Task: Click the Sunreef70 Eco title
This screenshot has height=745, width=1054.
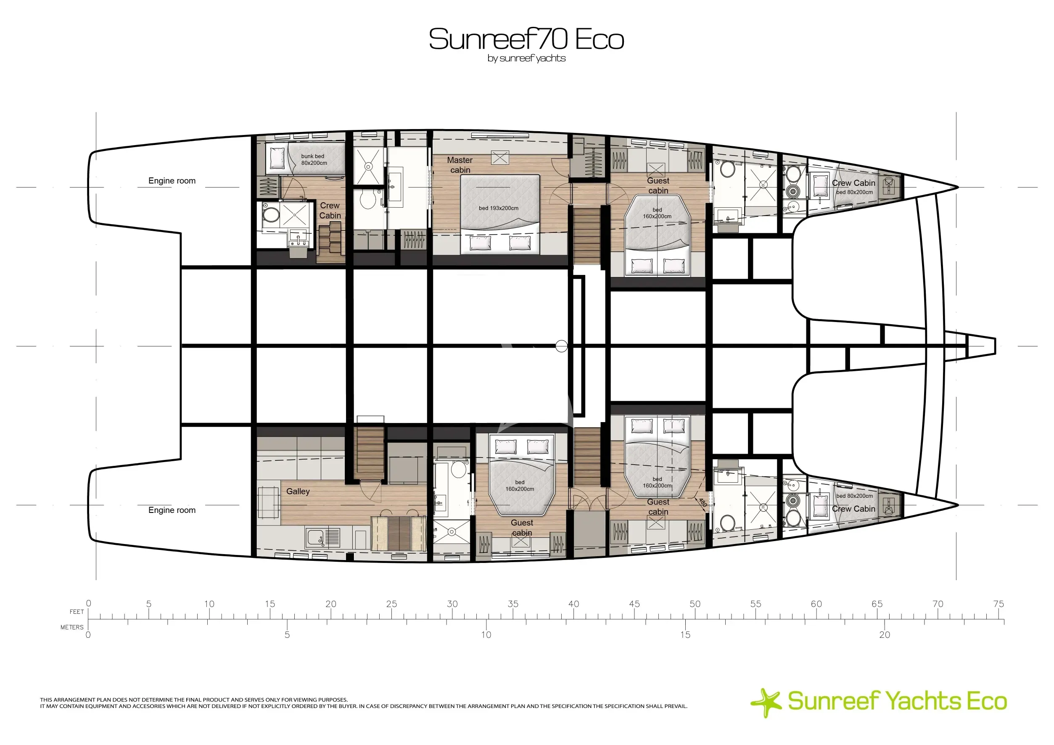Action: [x=526, y=39]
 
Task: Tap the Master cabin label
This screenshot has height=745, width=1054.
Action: [x=460, y=165]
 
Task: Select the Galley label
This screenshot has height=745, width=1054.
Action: [x=298, y=491]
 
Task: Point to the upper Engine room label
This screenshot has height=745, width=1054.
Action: [x=172, y=181]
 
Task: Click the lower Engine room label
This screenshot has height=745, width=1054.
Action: [x=172, y=510]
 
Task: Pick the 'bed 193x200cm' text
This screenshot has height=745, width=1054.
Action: [x=499, y=208]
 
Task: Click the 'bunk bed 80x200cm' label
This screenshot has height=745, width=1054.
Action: [x=314, y=159]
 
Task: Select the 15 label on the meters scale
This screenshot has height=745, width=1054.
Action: [x=685, y=635]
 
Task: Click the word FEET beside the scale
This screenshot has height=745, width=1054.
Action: [x=77, y=612]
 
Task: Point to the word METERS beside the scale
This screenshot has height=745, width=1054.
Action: [x=72, y=627]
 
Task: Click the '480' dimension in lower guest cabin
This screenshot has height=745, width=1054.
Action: [x=703, y=503]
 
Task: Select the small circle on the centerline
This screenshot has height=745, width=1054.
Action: [x=561, y=346]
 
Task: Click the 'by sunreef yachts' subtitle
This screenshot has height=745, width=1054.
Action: [x=526, y=59]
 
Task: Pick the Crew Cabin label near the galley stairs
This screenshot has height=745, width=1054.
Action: [x=330, y=210]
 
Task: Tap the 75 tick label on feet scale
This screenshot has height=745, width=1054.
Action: [x=999, y=604]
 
